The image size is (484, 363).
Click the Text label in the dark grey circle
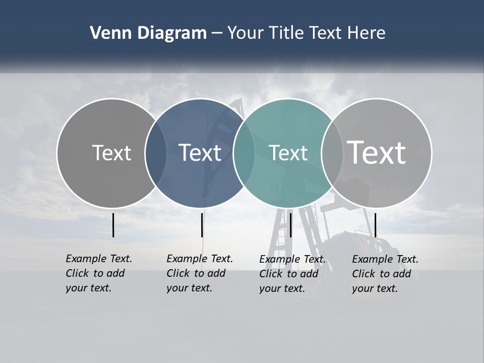click(111, 153)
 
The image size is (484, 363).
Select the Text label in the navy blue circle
click(200, 153)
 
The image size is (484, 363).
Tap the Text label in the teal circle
click(288, 153)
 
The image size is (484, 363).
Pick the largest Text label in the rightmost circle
click(377, 153)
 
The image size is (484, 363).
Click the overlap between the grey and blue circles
click(156, 153)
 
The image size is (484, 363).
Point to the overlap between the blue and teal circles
click(244, 153)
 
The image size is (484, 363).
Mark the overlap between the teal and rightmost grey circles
click(332, 153)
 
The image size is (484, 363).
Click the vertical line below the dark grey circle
click(113, 225)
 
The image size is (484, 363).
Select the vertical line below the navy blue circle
click(202, 225)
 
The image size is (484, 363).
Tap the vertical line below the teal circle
click(290, 225)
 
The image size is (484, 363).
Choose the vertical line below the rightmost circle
click(376, 225)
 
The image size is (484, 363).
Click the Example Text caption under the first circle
click(98, 273)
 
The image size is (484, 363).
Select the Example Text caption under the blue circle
click(199, 273)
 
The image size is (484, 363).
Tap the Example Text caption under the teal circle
click(292, 274)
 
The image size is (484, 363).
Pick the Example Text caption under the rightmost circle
click(385, 274)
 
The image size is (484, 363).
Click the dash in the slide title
click(217, 34)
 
